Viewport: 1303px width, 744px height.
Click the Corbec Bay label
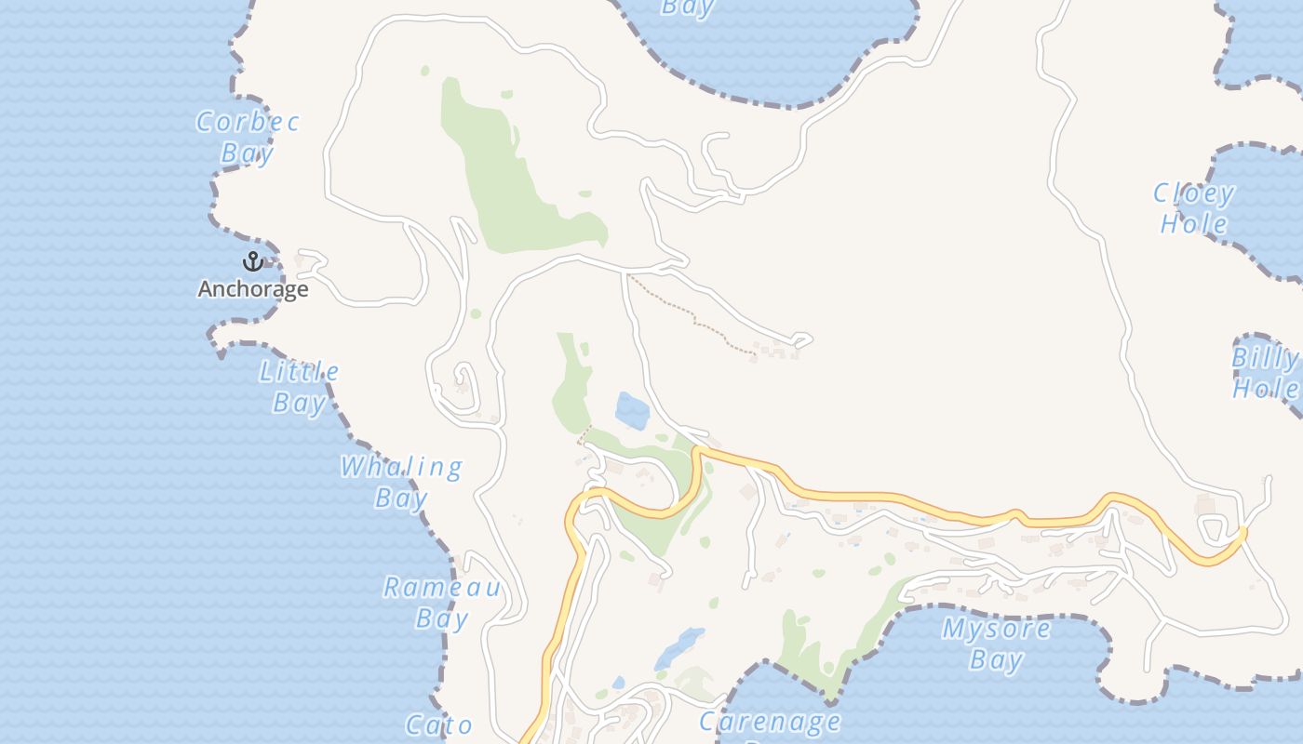point(248,137)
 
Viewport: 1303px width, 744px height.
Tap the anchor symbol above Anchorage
point(252,261)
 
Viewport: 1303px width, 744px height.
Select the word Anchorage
point(252,289)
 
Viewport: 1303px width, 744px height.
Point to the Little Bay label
point(299,387)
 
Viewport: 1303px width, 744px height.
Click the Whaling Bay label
point(400,482)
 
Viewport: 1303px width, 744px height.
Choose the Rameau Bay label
point(442,603)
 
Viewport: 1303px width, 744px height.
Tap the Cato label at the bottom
point(439,724)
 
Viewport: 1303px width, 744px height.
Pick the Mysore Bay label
point(996,644)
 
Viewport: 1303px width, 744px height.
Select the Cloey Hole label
point(1194,208)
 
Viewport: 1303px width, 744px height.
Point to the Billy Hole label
point(1265,373)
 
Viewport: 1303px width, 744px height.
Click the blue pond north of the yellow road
point(633,410)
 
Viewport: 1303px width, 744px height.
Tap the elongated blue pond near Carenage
point(679,647)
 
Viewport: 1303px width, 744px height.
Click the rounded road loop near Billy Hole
point(1213,529)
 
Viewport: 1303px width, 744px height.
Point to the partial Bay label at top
point(687,8)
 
